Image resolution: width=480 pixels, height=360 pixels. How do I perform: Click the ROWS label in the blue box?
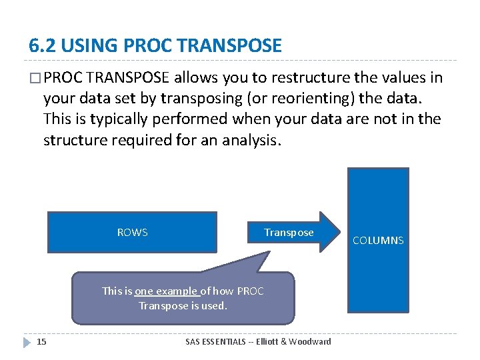click(132, 233)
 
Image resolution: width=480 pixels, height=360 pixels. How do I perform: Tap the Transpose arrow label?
click(289, 233)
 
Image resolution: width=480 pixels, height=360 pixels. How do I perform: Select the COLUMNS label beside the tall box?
click(378, 241)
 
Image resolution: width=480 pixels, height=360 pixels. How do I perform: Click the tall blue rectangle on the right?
click(379, 200)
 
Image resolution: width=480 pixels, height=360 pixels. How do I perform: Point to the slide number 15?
click(41, 342)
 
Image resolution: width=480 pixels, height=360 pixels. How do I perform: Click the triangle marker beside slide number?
click(26, 342)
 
